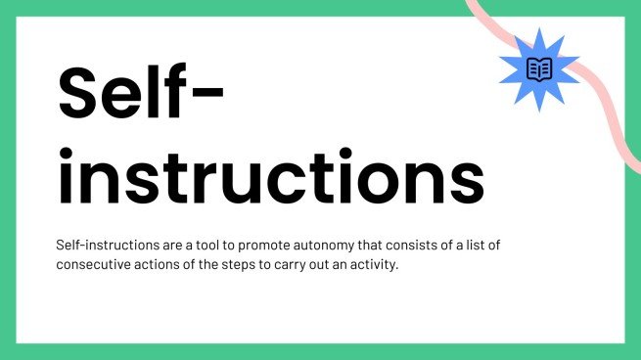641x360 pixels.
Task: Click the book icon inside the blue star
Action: point(539,68)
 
